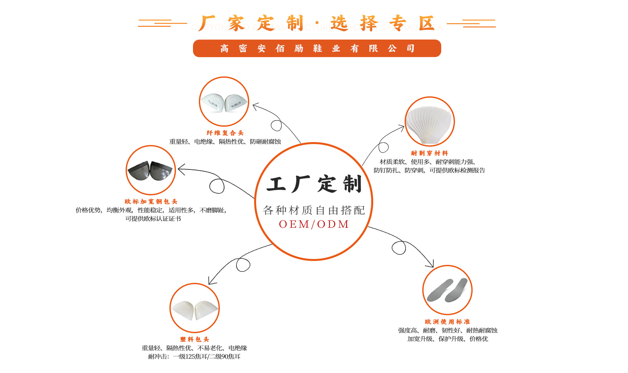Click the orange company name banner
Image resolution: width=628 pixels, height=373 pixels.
[x=317, y=48]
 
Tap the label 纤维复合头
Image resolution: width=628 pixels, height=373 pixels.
[x=225, y=133]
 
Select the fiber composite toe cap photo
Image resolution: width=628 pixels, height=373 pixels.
[x=224, y=102]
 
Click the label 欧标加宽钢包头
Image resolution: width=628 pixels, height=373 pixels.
[x=151, y=202]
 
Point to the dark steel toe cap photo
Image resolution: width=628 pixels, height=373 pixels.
[x=151, y=170]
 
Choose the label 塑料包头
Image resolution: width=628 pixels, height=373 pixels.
[x=195, y=339]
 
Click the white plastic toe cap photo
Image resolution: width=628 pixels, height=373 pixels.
[x=195, y=308]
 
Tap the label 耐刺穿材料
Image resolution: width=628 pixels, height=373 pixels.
[x=429, y=153]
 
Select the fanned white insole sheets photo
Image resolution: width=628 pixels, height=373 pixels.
[x=429, y=122]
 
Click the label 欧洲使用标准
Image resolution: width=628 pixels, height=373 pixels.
[x=447, y=322]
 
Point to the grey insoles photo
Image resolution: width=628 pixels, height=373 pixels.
[x=447, y=290]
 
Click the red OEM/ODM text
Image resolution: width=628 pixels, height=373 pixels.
[x=314, y=224]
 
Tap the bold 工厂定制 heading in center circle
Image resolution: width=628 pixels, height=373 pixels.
[x=314, y=184]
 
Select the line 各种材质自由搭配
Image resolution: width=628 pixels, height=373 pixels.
[x=314, y=210]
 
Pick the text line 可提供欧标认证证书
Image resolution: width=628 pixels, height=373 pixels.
[x=153, y=219]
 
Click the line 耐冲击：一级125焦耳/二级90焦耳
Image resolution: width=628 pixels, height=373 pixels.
[x=194, y=356]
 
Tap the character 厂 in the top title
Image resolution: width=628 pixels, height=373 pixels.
[x=207, y=23]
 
